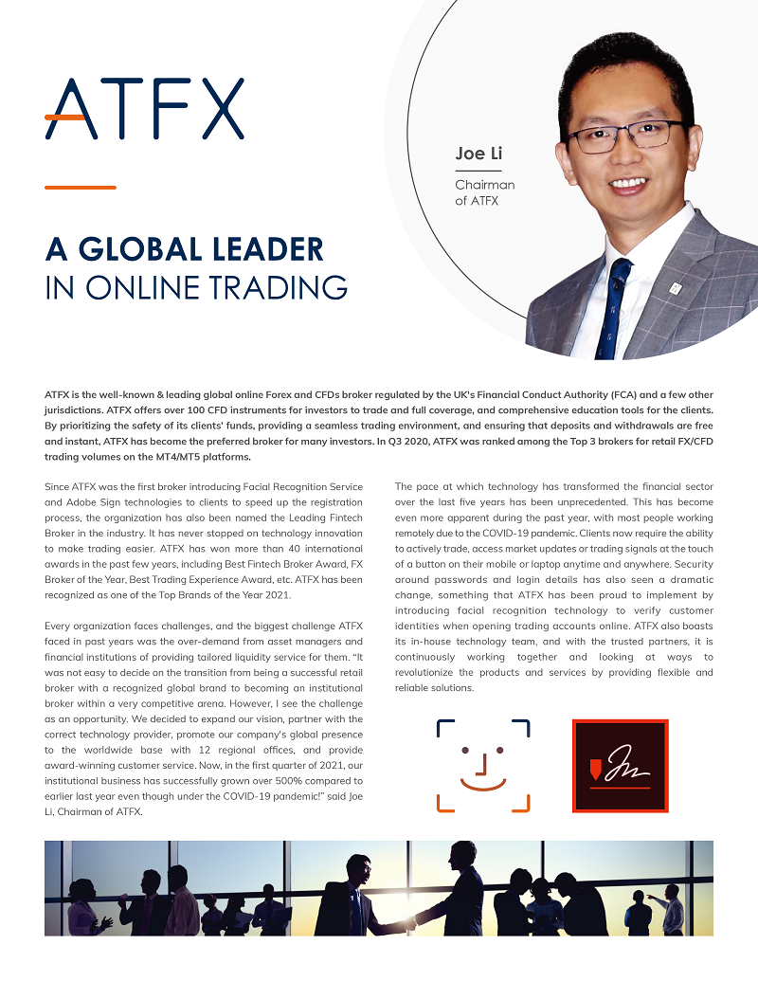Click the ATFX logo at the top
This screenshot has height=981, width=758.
(x=144, y=108)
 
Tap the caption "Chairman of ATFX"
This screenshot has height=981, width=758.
(x=484, y=192)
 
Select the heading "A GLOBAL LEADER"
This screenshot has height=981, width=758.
(x=185, y=248)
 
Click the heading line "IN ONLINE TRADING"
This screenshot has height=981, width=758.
(x=196, y=287)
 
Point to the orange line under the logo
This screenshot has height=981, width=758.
(x=81, y=188)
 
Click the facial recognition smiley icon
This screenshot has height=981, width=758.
(x=482, y=766)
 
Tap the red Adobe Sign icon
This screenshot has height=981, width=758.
(x=621, y=766)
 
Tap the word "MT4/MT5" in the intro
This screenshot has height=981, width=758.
(x=161, y=456)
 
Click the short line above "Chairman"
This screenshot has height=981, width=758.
(x=478, y=171)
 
